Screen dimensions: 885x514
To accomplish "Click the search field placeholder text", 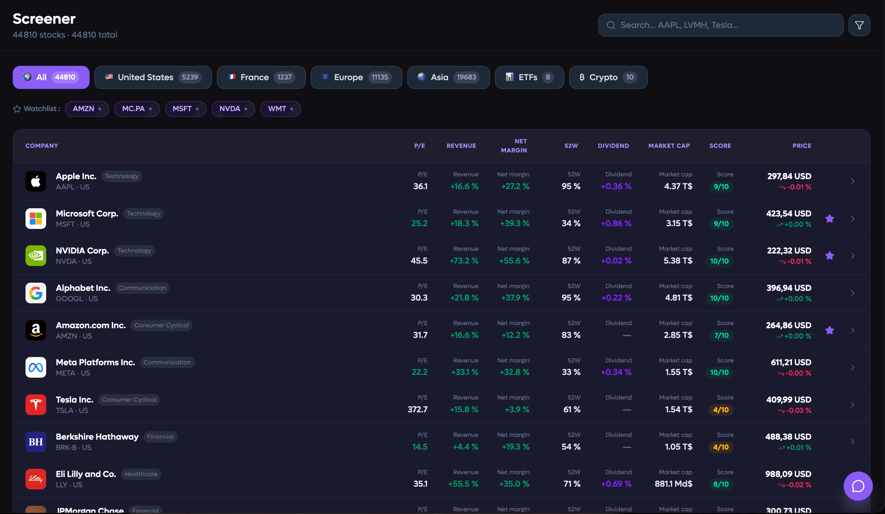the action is [x=679, y=25].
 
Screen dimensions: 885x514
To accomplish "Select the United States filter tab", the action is [x=153, y=77].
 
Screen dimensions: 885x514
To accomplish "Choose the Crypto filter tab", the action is [x=608, y=77].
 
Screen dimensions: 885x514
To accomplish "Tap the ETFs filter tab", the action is [x=529, y=77].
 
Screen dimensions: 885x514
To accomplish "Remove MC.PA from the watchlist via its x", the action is [x=150, y=109].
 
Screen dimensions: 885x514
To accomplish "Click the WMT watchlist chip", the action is [x=281, y=109].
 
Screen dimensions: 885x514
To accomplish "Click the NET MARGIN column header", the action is [x=514, y=146].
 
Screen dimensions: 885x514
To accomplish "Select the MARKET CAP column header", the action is [x=669, y=146].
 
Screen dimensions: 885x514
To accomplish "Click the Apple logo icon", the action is [x=36, y=181].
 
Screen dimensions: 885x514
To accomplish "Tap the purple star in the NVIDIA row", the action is [x=830, y=256].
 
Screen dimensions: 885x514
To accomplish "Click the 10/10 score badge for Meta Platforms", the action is [x=719, y=373].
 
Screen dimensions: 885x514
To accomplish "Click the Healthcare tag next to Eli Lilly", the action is [x=141, y=474].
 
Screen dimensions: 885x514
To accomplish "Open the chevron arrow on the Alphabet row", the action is [x=853, y=293].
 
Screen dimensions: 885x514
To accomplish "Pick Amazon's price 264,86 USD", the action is [x=788, y=325].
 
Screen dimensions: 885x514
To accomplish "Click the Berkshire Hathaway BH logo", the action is [x=36, y=442].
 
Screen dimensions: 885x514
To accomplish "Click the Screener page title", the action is [x=44, y=19].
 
